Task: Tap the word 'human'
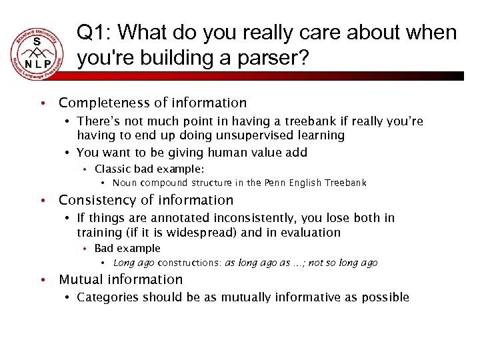coord(219,152)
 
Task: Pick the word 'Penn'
coord(277,183)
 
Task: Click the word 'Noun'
coord(125,183)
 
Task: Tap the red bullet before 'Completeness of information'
coord(41,103)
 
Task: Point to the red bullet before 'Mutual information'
coord(41,280)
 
